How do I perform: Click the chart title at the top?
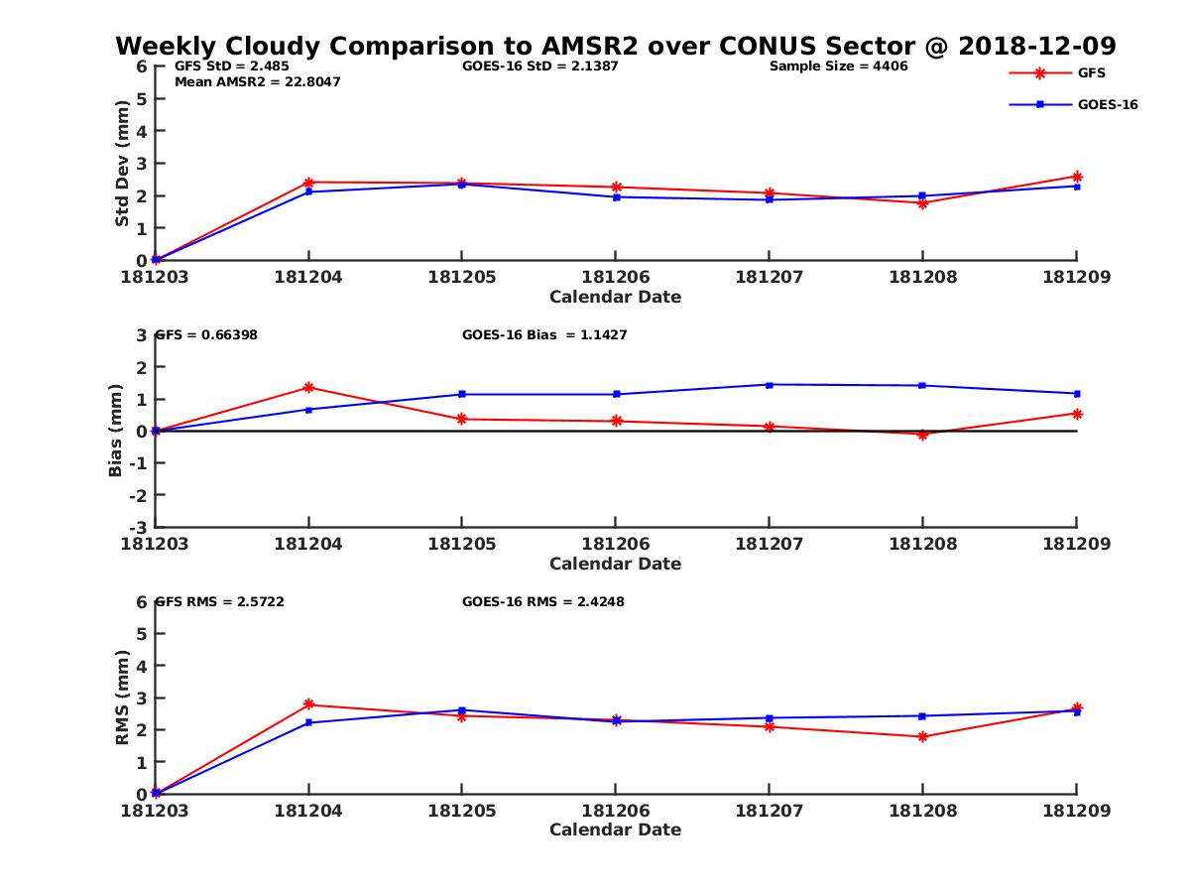coord(615,46)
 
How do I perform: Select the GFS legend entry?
coord(1091,72)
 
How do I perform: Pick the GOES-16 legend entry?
coord(1107,104)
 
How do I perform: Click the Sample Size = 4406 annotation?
coord(838,66)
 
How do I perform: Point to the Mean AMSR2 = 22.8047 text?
coord(257,82)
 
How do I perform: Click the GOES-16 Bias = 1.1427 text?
coord(544,335)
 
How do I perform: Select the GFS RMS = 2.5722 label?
coord(220,601)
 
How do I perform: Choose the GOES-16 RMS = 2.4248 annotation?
coord(542,601)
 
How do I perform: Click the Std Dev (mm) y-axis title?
coord(122,164)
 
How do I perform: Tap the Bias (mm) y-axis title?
coord(116,431)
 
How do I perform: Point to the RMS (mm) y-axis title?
coord(122,698)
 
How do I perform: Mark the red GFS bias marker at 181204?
coord(309,387)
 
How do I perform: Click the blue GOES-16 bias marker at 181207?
coord(770,385)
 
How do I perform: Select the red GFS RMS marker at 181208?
coord(923,736)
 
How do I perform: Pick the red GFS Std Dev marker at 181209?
coord(1077,177)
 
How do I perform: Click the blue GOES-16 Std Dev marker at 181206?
coord(616,196)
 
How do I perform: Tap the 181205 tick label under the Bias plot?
coord(461,544)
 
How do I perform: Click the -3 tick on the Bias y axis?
coord(141,527)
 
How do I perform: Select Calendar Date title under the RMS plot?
coord(615,829)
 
